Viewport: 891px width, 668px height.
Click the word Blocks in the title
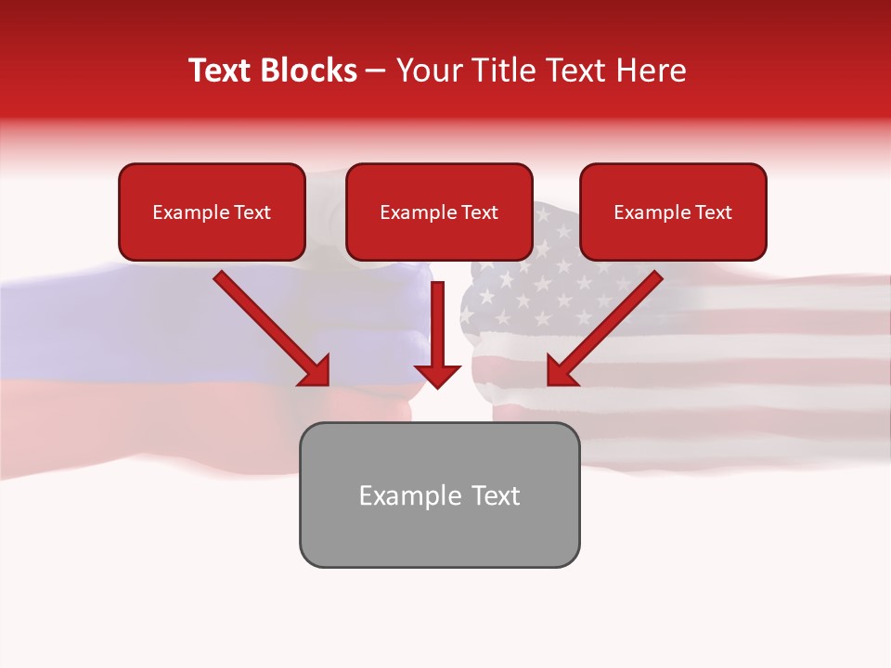[x=308, y=71]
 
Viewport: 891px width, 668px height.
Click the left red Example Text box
[x=212, y=212]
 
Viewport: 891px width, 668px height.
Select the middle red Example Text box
[x=439, y=212]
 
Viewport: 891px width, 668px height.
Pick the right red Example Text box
[x=673, y=212]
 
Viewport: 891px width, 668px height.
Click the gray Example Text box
[x=439, y=495]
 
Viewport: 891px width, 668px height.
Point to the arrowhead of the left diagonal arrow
[x=316, y=373]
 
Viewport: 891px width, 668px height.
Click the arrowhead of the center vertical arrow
[x=437, y=375]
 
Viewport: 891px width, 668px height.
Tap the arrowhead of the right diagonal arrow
[x=560, y=373]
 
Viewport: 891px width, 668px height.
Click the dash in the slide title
[x=376, y=71]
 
